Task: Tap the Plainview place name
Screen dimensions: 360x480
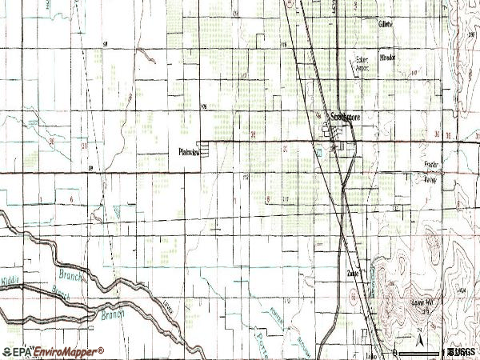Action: pos(188,150)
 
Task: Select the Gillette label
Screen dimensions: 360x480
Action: pos(386,25)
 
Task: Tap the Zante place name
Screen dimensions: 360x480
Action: pos(353,273)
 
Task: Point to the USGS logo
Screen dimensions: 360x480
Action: pos(462,350)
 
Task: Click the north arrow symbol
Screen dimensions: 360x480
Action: pos(417,331)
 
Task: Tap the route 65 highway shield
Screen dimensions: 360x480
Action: pos(352,297)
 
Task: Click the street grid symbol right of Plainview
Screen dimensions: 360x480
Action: pos(207,150)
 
